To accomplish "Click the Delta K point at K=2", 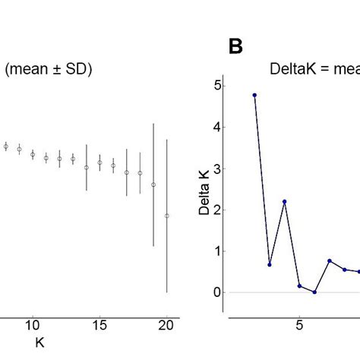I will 254,95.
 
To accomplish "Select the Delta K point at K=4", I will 284,201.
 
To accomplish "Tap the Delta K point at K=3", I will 270,264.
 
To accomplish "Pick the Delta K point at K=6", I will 314,292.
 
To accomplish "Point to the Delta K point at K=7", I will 330,261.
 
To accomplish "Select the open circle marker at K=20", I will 167,216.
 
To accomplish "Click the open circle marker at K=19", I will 153,185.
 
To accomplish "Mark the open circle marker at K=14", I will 87,167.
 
